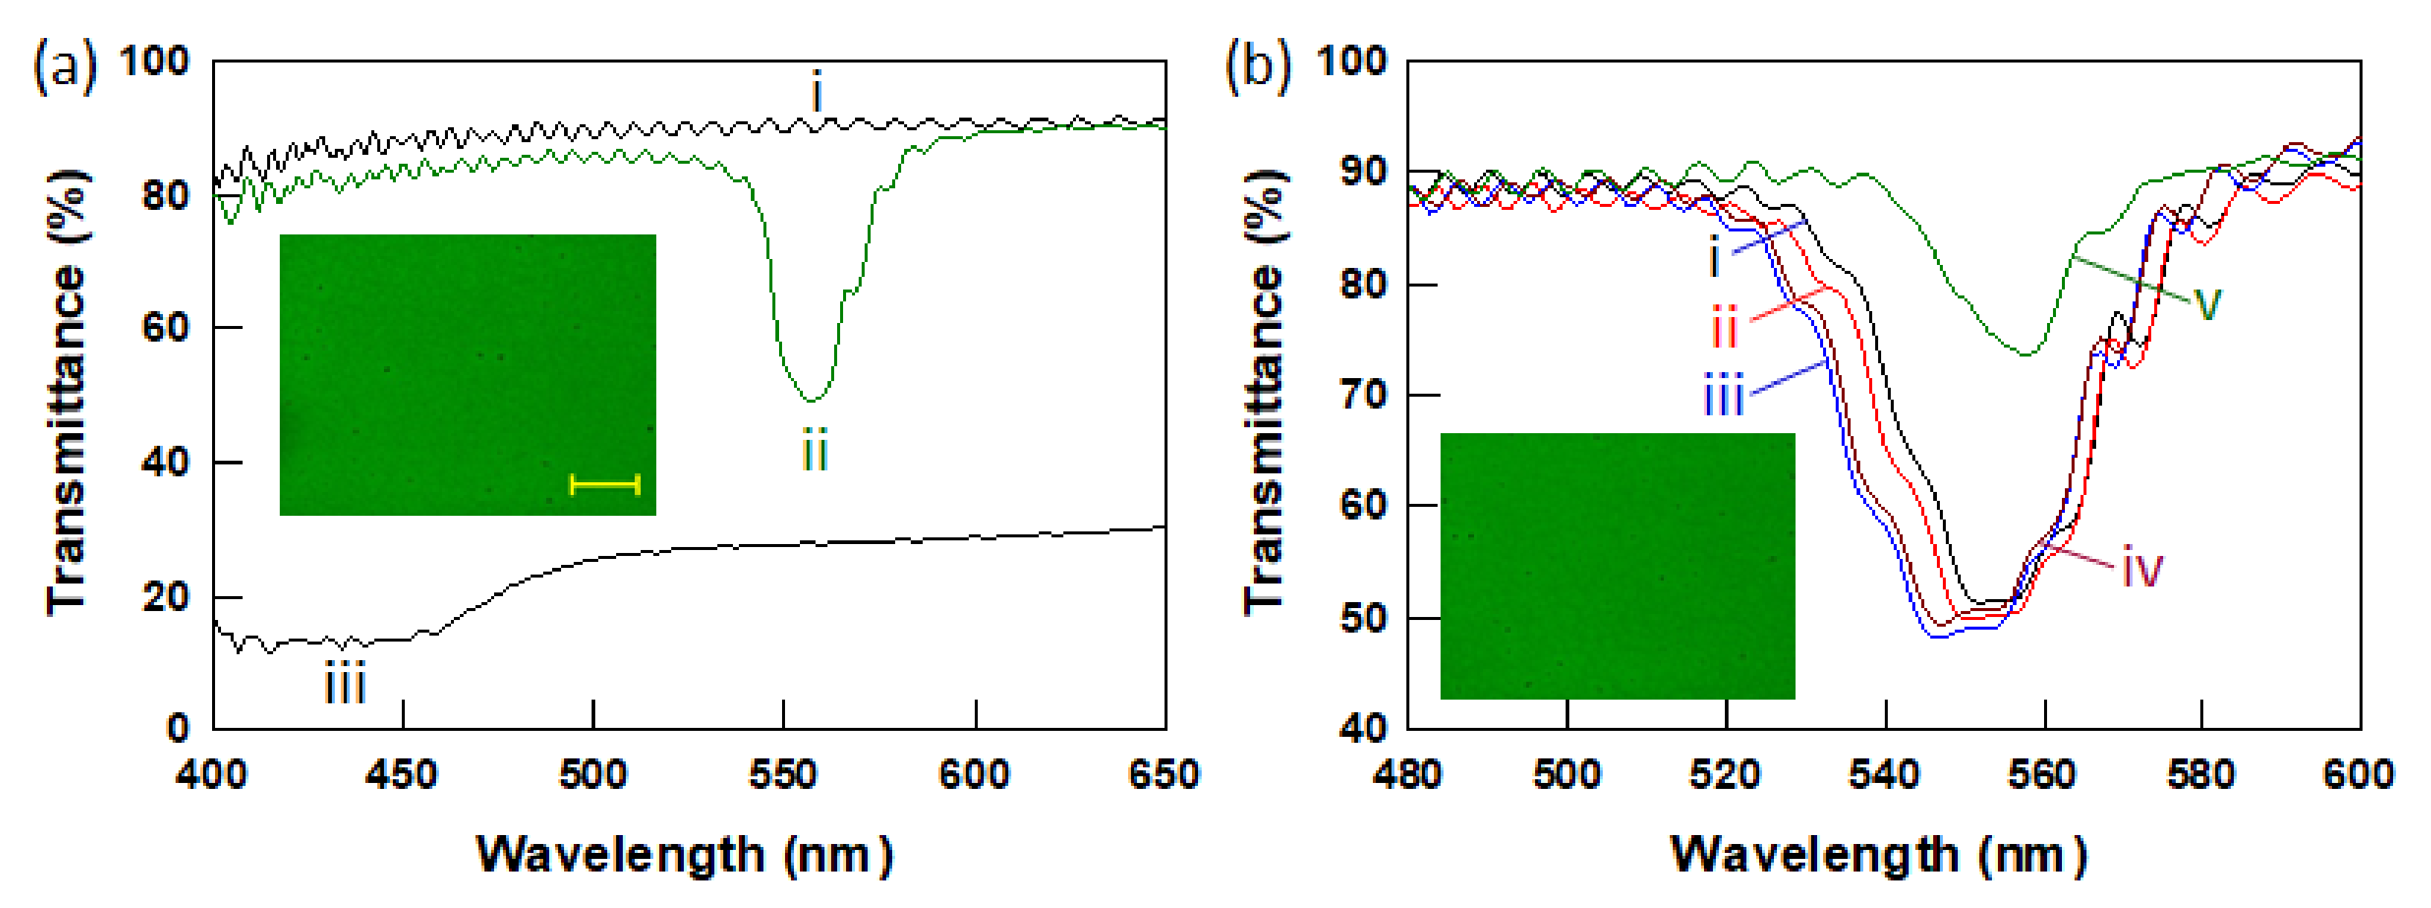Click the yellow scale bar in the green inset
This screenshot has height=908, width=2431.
[x=605, y=485]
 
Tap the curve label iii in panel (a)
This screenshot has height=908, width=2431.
[x=345, y=684]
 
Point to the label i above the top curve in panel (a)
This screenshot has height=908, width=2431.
[x=817, y=94]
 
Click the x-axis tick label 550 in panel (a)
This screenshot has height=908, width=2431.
[x=784, y=775]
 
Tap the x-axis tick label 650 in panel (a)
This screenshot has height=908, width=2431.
[x=1164, y=775]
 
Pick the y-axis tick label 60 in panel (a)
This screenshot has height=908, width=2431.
[x=165, y=327]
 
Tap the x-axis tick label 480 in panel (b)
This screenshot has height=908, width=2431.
[x=1407, y=775]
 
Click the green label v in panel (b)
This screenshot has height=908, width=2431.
[x=2207, y=304]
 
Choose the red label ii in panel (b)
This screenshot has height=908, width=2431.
[x=1725, y=328]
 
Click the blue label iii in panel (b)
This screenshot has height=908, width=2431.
[x=1723, y=394]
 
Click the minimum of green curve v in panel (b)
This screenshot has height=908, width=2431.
[x=2026, y=354]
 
